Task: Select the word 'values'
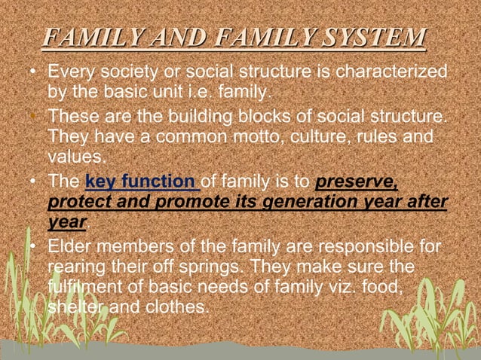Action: (x=74, y=157)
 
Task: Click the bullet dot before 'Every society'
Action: (x=32, y=75)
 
